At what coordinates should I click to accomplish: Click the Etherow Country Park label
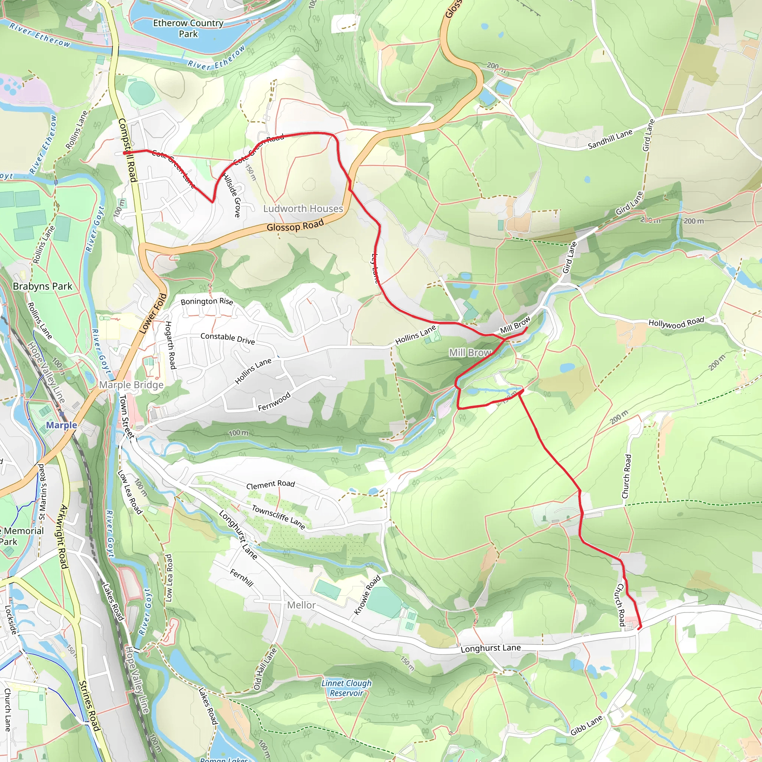pos(188,28)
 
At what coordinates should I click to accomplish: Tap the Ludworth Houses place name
pos(303,209)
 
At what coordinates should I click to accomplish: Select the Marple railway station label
pos(61,425)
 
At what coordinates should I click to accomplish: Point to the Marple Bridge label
pos(131,385)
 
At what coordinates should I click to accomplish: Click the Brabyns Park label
pos(42,286)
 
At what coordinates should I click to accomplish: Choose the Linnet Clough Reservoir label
pos(346,688)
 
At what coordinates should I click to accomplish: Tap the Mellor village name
pos(301,605)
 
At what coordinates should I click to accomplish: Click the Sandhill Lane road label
pos(610,139)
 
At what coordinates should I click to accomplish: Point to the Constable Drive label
pos(228,339)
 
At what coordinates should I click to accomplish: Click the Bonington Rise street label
pos(206,302)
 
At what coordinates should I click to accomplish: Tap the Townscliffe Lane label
pos(278,517)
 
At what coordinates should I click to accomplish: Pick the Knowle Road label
pos(367,595)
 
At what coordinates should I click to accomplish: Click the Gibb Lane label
pos(586,725)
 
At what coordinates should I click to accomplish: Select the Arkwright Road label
pos(63,537)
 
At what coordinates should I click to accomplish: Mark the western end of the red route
pos(125,152)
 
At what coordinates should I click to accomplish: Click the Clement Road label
pos(270,484)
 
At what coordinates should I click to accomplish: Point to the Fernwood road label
pos(274,401)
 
